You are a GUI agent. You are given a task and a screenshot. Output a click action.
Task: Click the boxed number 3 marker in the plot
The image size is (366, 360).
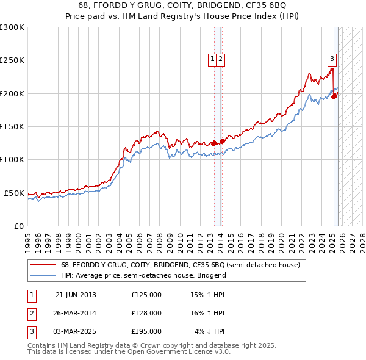332,59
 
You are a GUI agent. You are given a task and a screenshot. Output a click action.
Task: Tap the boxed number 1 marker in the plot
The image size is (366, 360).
213,59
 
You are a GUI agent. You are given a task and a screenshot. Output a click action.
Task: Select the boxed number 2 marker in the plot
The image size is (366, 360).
220,59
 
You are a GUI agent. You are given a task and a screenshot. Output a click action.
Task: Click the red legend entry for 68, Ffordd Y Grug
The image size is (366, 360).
180,265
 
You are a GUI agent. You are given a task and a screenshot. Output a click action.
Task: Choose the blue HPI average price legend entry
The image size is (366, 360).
143,275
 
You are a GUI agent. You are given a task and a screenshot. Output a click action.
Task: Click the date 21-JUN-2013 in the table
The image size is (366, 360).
76,295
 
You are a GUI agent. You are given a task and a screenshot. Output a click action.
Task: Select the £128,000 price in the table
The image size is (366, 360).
146,313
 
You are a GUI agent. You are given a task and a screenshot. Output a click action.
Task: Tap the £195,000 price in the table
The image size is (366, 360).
146,331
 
